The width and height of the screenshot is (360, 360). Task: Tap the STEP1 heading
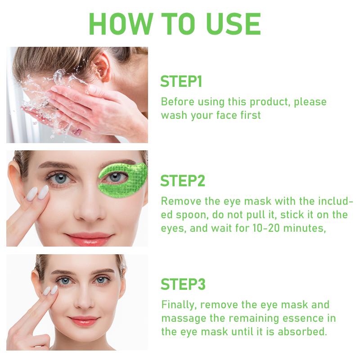click(x=181, y=82)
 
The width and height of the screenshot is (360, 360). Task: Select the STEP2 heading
click(x=183, y=181)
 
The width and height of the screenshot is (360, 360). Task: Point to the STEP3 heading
click(x=183, y=284)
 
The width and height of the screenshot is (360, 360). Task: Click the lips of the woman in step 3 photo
click(x=84, y=321)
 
